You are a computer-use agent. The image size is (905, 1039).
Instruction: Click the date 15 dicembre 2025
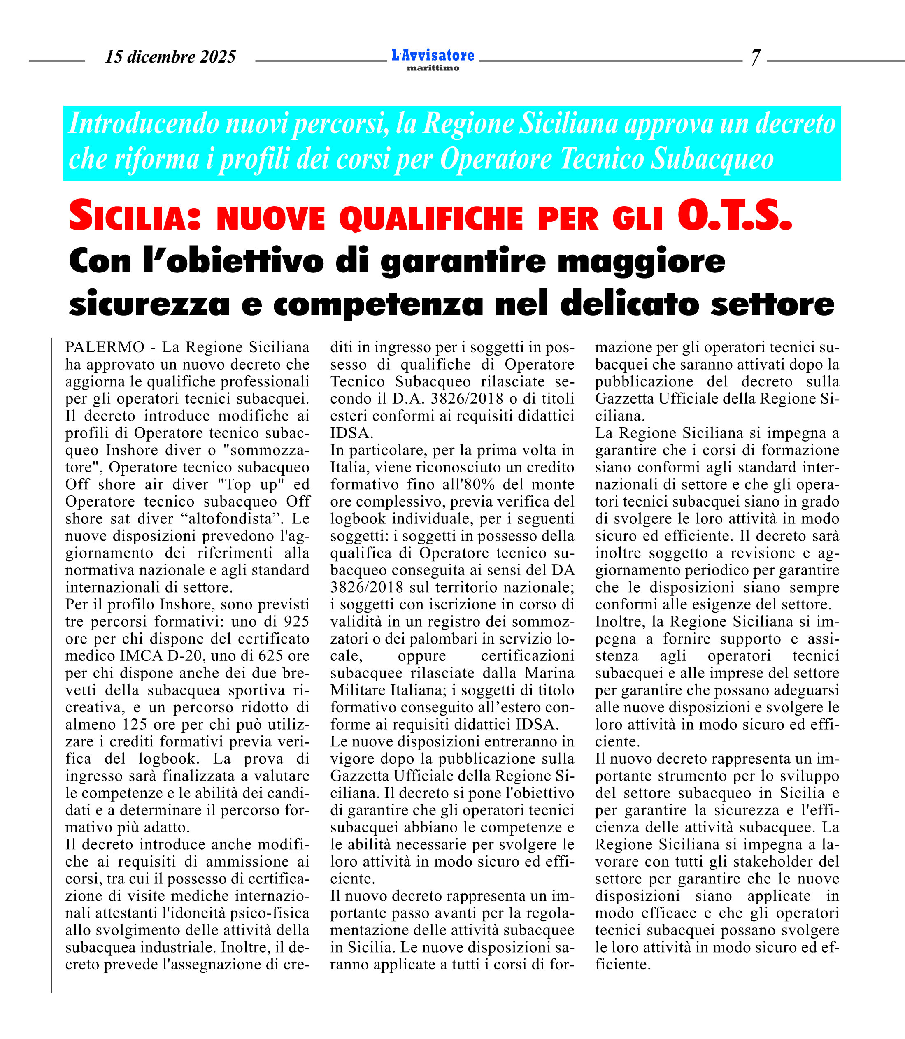click(x=170, y=56)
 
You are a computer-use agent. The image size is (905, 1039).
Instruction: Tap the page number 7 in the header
click(x=755, y=58)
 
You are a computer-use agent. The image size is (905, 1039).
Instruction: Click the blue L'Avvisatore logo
click(x=433, y=55)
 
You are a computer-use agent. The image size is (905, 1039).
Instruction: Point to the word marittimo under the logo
click(x=433, y=68)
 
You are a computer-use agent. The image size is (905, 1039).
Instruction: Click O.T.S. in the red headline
click(x=735, y=216)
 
